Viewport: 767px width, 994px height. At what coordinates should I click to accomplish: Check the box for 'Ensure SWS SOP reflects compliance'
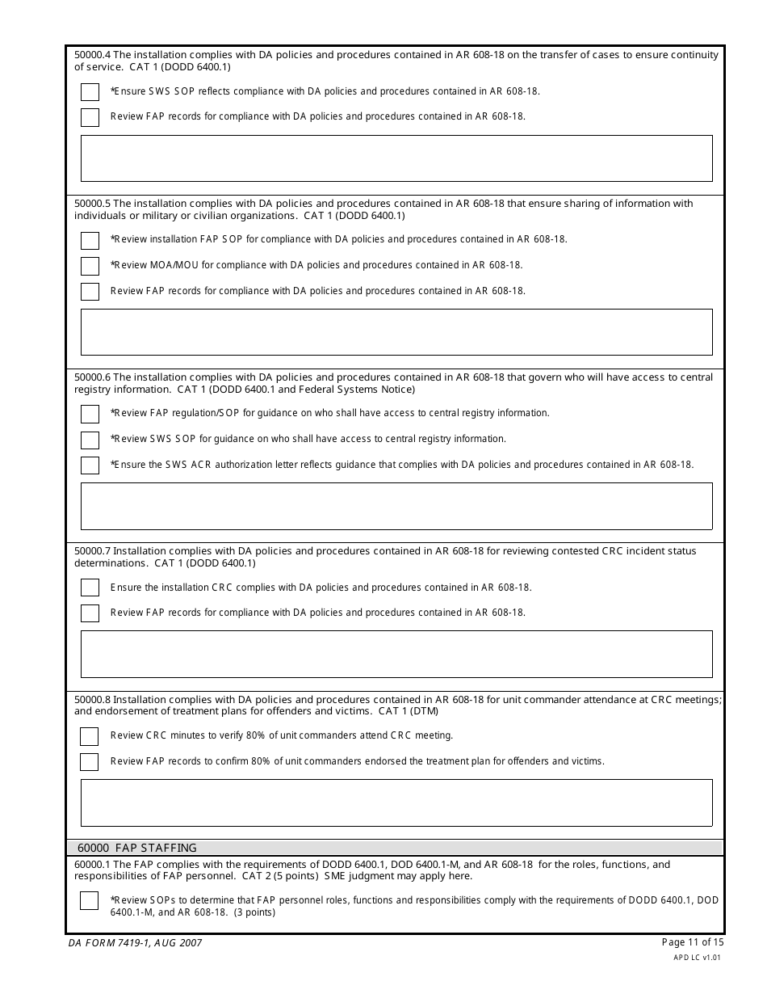coord(90,91)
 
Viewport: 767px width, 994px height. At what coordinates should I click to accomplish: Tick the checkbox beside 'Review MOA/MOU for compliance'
coord(90,265)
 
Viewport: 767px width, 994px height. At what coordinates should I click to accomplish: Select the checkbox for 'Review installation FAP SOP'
coord(90,240)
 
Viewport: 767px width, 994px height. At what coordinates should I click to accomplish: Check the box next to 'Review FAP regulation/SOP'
coord(90,414)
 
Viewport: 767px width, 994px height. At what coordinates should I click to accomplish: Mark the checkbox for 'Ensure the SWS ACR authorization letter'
coord(90,465)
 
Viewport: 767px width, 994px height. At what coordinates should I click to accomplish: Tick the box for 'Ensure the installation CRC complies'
coord(90,588)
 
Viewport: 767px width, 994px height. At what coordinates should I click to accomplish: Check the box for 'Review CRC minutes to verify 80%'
coord(90,736)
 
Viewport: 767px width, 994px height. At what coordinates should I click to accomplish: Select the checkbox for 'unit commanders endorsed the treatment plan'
coord(90,761)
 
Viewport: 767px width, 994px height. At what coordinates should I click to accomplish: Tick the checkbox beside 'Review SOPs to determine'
coord(90,900)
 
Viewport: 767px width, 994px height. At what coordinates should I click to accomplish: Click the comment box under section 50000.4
coord(396,158)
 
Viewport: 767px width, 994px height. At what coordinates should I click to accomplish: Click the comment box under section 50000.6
coord(396,506)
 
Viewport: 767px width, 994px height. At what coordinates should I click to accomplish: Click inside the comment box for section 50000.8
coord(396,802)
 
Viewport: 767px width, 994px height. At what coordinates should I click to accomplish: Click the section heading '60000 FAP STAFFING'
coord(137,848)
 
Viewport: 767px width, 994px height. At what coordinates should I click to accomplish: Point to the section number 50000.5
coord(92,204)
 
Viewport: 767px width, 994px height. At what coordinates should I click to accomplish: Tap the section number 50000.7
coord(92,551)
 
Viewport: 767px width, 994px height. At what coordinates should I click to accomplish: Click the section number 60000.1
coord(92,865)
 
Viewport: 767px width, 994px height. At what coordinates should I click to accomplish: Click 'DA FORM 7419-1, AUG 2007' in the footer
coord(135,942)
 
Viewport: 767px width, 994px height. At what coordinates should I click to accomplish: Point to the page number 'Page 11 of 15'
coord(693,941)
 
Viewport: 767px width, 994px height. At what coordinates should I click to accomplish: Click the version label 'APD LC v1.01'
coord(697,957)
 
